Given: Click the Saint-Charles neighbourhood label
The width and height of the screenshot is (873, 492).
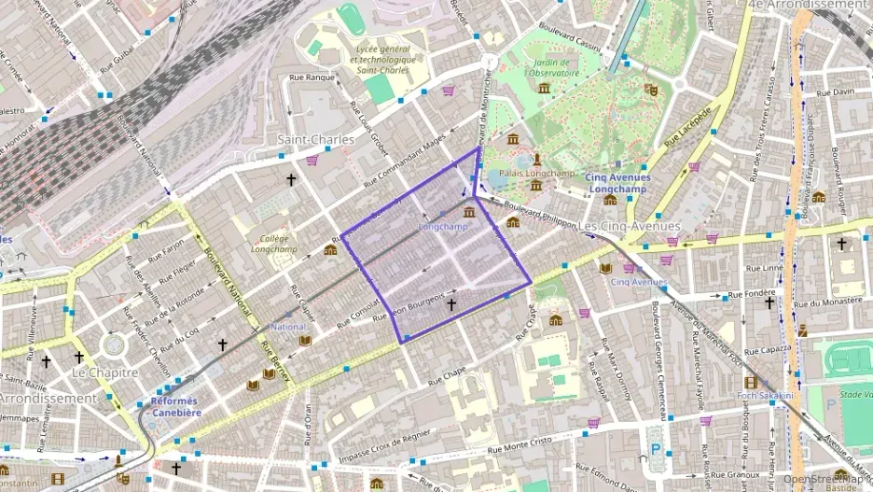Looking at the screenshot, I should point(316,139).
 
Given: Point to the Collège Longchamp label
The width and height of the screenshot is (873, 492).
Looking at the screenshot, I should point(275,244).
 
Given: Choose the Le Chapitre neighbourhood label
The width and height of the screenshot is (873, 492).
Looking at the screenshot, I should point(104,372).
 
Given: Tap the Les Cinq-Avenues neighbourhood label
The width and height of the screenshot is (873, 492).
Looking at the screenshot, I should point(629,226).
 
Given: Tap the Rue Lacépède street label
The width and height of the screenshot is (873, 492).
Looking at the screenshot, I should point(688,126).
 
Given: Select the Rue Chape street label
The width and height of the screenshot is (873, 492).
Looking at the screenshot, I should point(447,375).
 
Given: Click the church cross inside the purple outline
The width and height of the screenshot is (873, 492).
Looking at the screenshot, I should point(451,304).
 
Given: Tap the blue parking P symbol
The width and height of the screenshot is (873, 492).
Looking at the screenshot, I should point(655,448).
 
